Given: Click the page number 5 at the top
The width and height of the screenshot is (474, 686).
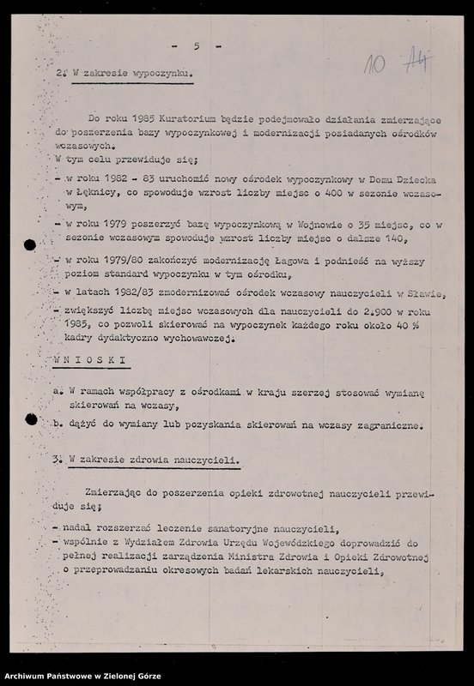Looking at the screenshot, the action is (196, 45).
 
